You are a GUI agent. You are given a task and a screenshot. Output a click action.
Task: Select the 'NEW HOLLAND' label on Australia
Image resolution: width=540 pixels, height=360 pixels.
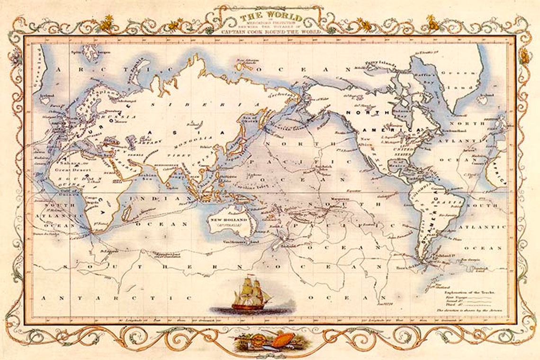click(x=230, y=220)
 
